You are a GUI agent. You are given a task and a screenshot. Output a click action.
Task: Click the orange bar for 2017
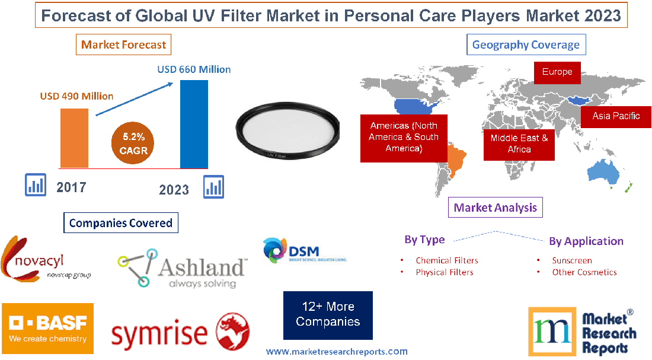coord(74,138)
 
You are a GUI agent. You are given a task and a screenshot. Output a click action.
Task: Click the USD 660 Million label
coord(194,69)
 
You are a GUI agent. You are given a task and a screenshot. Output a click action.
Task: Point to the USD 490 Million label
coord(76,96)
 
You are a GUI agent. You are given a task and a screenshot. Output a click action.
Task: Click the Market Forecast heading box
coord(124,44)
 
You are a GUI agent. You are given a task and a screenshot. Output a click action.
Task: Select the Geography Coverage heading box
coord(526,44)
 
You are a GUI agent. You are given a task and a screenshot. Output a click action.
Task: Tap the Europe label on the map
coord(557,72)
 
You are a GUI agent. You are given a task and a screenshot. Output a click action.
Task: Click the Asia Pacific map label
coord(616,116)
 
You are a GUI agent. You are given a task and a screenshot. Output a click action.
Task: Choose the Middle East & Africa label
coord(519,144)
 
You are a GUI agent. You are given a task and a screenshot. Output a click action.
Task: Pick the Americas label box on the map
coord(404,137)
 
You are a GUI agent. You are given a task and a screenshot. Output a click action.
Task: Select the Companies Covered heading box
coord(121,223)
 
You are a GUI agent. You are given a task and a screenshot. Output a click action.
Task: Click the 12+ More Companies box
coord(328,314)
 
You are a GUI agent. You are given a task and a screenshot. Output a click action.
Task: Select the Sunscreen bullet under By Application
coord(571,260)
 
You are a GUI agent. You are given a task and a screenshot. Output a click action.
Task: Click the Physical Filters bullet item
coord(444,272)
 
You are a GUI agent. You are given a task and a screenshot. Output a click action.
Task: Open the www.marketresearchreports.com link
coord(336,352)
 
